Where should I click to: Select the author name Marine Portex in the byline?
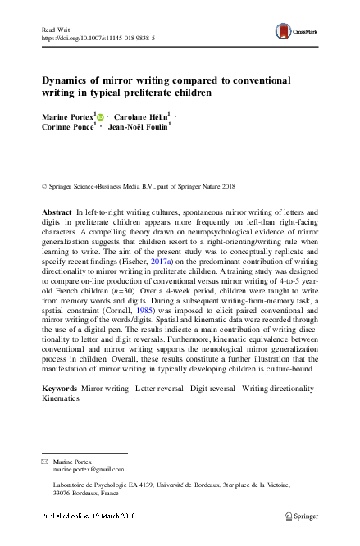coord(68,117)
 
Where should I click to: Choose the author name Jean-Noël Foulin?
coord(137,129)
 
